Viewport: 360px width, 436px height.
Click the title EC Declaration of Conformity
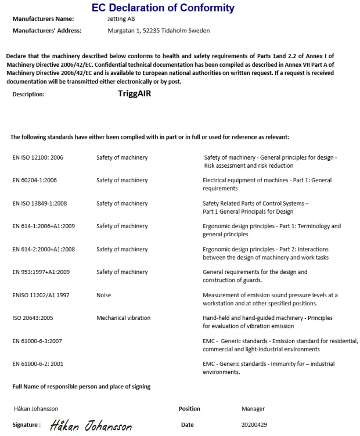(163, 8)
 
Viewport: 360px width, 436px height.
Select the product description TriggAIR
(134, 93)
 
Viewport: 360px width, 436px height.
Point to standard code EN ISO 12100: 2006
(38, 157)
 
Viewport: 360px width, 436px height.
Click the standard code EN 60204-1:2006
(35, 181)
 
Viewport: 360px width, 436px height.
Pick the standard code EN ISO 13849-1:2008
(39, 204)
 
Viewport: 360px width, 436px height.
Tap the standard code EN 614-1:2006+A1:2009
(44, 226)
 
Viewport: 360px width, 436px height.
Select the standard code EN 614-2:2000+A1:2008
(44, 249)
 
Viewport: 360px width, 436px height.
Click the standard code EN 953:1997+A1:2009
(41, 272)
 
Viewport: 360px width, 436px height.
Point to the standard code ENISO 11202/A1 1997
(41, 296)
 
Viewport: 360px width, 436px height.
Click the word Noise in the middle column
(104, 296)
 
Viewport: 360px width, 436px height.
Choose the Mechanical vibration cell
(123, 318)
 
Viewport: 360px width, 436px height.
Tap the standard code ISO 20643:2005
(33, 318)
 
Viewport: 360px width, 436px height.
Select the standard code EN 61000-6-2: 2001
(38, 364)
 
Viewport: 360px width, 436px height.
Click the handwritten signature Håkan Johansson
(91, 426)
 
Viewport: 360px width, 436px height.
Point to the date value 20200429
(254, 425)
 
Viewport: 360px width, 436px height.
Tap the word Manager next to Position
(253, 409)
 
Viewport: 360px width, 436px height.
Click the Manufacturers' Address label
(47, 31)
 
